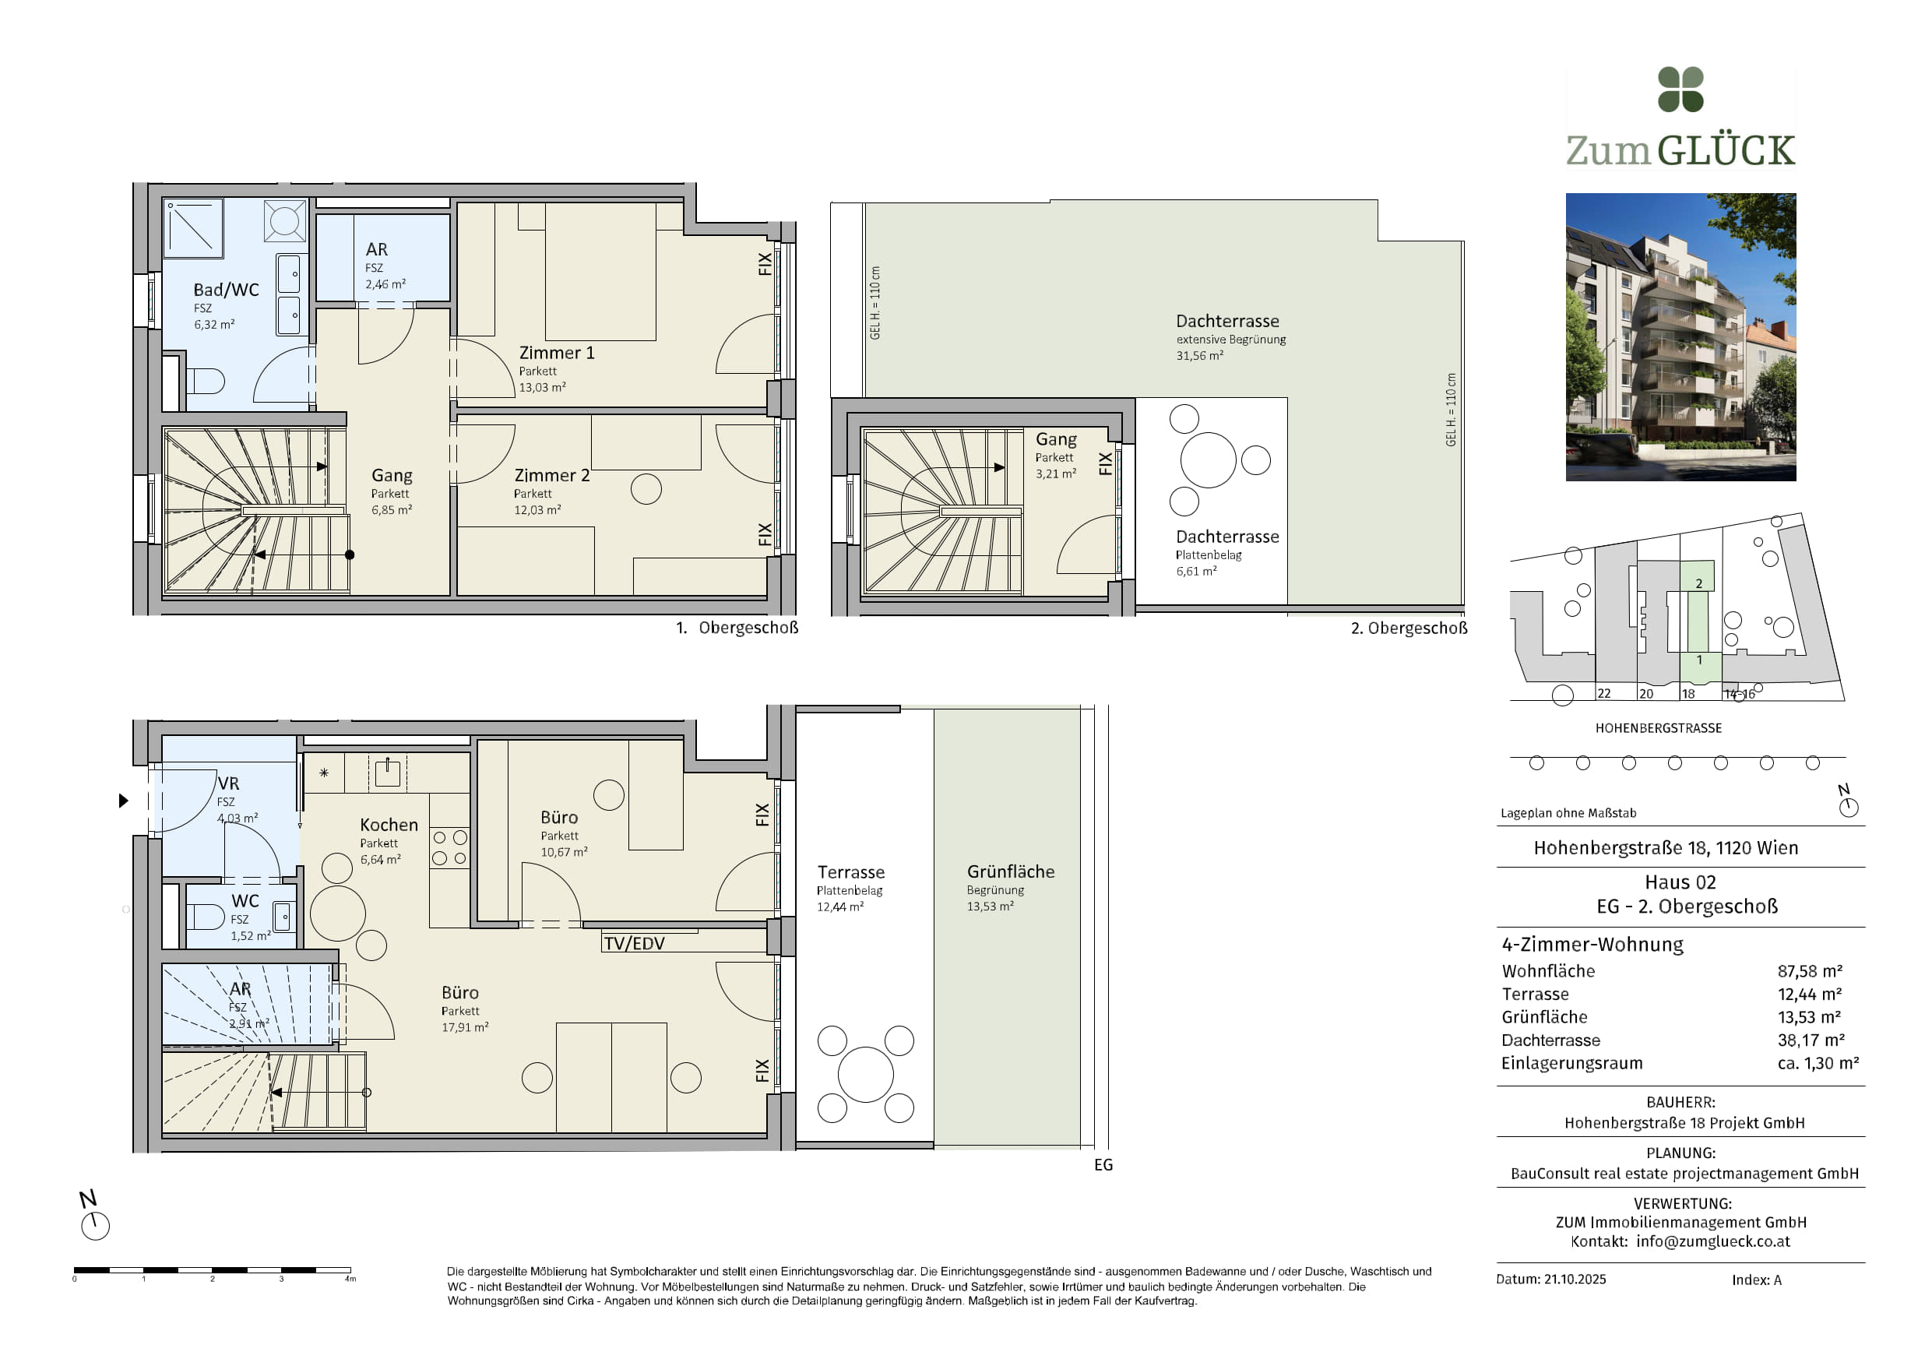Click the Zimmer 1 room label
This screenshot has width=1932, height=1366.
pyautogui.click(x=556, y=353)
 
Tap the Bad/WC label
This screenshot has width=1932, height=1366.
pyautogui.click(x=226, y=290)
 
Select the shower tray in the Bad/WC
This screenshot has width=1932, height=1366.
pyautogui.click(x=194, y=227)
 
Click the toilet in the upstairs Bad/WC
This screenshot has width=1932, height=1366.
pyautogui.click(x=205, y=382)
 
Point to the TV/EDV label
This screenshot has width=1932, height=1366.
pyautogui.click(x=634, y=943)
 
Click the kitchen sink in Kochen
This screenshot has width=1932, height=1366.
pyautogui.click(x=387, y=772)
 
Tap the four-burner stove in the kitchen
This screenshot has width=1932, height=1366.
pyautogui.click(x=449, y=847)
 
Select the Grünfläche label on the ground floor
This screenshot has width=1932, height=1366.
pyautogui.click(x=1011, y=872)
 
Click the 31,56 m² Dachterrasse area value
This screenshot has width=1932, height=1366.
pyautogui.click(x=1199, y=356)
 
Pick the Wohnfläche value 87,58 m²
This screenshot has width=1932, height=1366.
pyautogui.click(x=1809, y=971)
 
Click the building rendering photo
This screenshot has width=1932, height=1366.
pyautogui.click(x=1680, y=336)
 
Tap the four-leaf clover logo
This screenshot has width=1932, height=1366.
pyautogui.click(x=1680, y=90)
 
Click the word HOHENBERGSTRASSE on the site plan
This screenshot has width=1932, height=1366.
pyautogui.click(x=1659, y=728)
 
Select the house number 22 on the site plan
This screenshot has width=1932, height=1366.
pyautogui.click(x=1604, y=694)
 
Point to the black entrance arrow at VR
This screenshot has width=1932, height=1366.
pyautogui.click(x=124, y=801)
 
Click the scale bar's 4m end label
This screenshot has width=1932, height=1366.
pyautogui.click(x=350, y=1280)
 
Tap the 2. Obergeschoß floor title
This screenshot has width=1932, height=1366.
pyautogui.click(x=1409, y=628)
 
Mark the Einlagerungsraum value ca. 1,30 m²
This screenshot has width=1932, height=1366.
pyautogui.click(x=1818, y=1063)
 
